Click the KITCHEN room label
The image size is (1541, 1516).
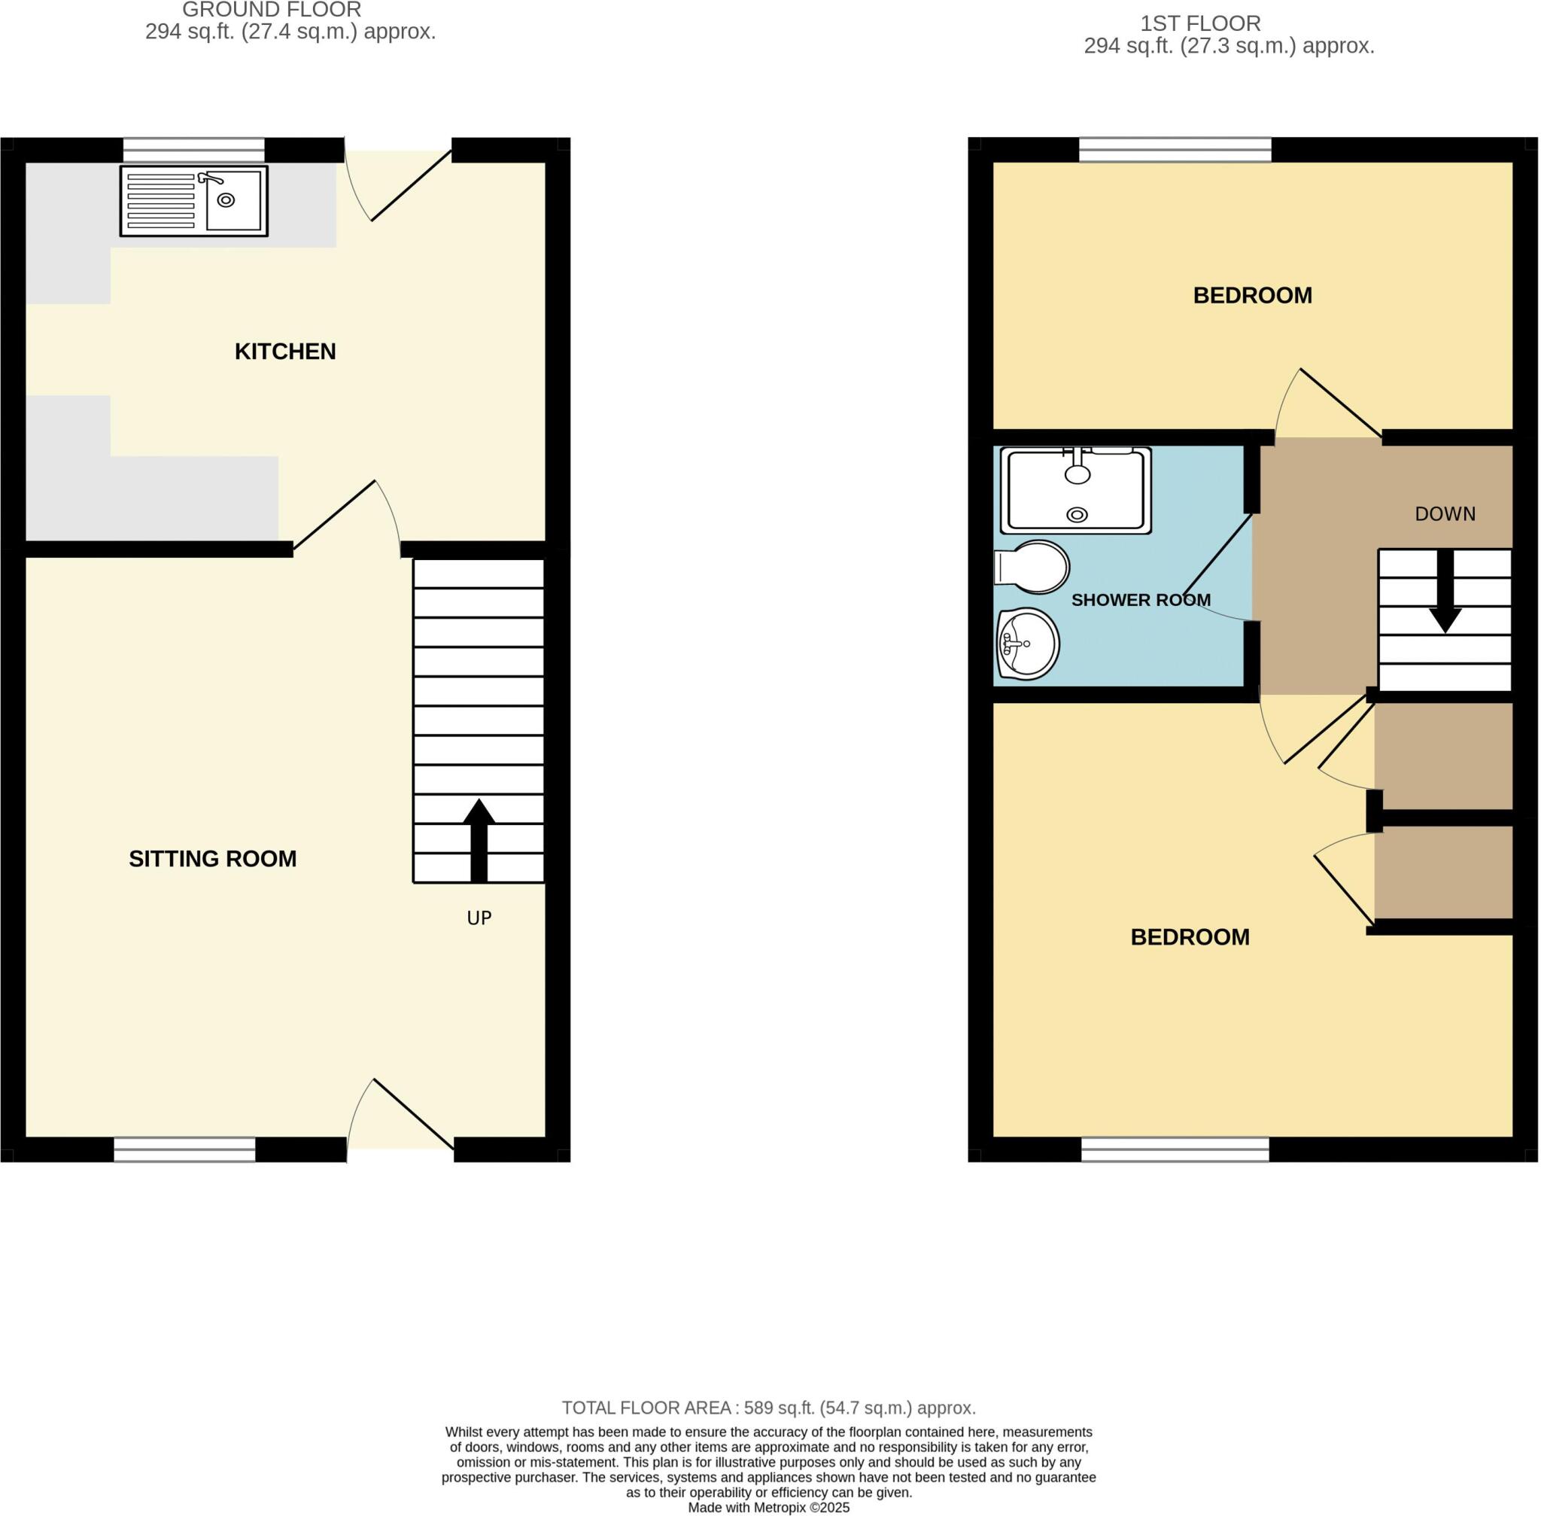point(285,351)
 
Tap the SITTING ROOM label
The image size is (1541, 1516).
point(212,858)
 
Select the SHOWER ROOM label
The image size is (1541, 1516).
point(1140,601)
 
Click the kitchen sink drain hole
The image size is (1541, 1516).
point(226,200)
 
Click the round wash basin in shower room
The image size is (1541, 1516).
point(1028,644)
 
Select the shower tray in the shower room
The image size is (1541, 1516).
point(1075,492)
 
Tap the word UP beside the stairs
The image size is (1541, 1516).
point(479,918)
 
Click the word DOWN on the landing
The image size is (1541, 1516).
point(1445,514)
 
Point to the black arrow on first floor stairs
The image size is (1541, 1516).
point(1445,593)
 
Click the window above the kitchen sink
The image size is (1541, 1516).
point(193,150)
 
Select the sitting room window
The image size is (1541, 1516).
point(184,1149)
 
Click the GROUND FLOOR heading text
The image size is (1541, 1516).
point(272,11)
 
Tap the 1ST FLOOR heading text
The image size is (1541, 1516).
point(1200,24)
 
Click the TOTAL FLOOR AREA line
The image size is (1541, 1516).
point(768,1408)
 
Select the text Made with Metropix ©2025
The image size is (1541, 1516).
point(768,1507)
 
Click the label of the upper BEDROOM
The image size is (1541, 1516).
point(1252,295)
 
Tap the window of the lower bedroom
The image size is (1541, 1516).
point(1175,1149)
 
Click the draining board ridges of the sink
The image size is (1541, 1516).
point(161,201)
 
